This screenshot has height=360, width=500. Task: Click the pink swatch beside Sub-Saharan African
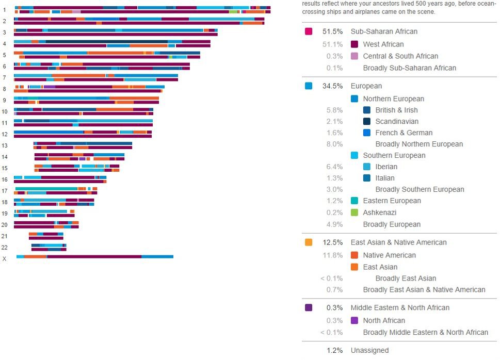(309, 31)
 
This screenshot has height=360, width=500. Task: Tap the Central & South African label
(400, 56)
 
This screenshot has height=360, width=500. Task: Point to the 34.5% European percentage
(332, 86)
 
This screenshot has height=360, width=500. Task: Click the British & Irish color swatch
(367, 110)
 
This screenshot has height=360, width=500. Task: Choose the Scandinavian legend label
(397, 121)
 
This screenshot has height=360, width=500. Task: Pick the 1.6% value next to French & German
(334, 133)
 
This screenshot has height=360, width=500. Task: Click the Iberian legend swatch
(367, 167)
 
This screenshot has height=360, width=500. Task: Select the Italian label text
(385, 178)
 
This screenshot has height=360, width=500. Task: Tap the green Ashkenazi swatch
(354, 212)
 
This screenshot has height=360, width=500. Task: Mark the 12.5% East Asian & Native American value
(332, 242)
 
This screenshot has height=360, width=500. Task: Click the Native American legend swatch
(354, 255)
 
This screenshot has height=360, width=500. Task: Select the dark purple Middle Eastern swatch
(309, 307)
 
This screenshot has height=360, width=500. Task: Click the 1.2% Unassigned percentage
(334, 351)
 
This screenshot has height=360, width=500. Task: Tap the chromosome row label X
(5, 258)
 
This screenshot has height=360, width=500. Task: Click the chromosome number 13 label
(5, 145)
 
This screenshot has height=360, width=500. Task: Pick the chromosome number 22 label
(5, 247)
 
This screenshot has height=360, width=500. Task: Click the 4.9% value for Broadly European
(334, 224)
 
